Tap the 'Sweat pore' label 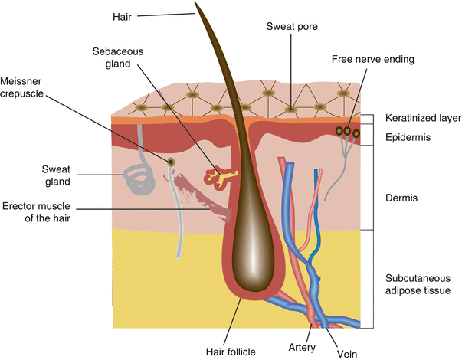coord(292,27)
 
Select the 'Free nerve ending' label coord(372,59)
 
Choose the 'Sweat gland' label coord(57,175)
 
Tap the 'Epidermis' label coord(407,137)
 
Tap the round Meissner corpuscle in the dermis coord(172,161)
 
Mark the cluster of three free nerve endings coord(347,133)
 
